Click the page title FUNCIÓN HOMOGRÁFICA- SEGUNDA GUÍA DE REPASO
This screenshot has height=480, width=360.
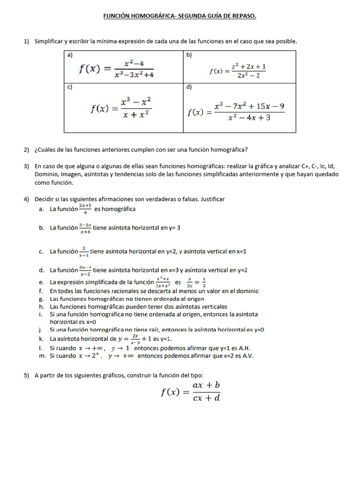[x=180, y=16]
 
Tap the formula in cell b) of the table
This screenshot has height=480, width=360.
[x=238, y=71]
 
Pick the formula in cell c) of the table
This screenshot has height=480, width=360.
[x=121, y=108]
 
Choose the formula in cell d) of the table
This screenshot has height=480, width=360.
[x=236, y=112]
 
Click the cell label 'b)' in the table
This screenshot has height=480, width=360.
[x=189, y=55]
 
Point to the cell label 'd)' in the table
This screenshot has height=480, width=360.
[x=189, y=87]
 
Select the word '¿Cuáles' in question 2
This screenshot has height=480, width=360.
[x=45, y=150]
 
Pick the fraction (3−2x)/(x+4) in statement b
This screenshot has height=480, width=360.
[x=85, y=228]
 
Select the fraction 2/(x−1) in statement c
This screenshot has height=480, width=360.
[x=84, y=252]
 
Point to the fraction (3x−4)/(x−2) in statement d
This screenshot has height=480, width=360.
[x=85, y=270]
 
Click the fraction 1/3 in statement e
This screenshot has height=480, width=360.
[x=203, y=282]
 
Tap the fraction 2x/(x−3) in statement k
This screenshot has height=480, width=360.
[x=135, y=338]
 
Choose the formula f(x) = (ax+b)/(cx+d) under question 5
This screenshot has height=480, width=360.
[x=190, y=391]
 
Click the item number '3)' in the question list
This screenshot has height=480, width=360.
[x=27, y=166]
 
